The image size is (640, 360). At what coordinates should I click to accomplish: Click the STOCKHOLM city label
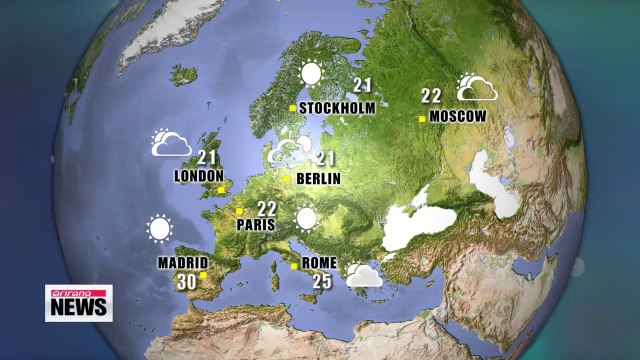337,108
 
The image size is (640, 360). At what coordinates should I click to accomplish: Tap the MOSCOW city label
458,116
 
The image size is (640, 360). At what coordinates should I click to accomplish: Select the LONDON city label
199,176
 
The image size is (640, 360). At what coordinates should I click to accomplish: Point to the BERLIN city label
319,179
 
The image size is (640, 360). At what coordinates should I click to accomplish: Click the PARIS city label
255,225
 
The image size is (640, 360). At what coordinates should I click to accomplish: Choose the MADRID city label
182,264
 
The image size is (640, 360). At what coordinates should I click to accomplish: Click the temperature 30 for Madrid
186,282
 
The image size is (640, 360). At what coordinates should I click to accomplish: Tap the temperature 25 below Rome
322,282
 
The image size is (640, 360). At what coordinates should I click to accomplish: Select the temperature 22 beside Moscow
431,97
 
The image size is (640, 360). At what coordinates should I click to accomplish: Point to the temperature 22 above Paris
267,208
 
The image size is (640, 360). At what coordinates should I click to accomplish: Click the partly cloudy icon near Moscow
477,88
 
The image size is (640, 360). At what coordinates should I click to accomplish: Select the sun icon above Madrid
158,229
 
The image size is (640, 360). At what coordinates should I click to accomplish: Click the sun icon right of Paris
305,219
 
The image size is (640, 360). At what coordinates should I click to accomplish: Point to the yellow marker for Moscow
422,117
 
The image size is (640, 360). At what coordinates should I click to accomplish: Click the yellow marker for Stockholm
292,108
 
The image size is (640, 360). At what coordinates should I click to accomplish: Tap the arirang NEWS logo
79,302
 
